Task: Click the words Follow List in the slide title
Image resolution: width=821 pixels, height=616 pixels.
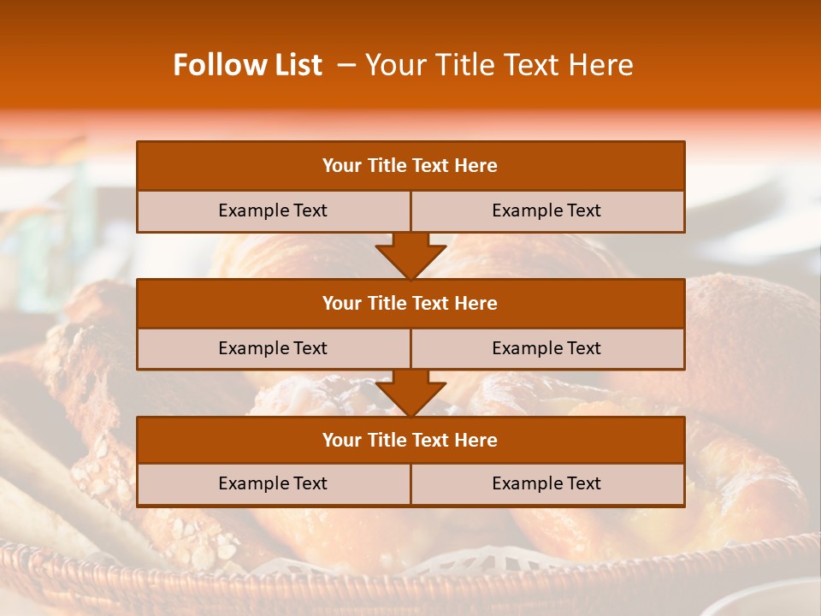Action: (248, 65)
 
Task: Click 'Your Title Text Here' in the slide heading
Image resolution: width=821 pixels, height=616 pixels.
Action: (499, 65)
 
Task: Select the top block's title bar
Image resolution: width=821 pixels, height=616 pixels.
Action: (410, 166)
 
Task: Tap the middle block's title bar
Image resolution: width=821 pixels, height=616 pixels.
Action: (410, 304)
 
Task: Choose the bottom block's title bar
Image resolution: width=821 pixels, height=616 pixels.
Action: (410, 441)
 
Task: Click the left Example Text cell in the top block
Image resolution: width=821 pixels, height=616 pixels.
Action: (273, 210)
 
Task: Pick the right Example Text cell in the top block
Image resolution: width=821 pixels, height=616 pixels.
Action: (546, 210)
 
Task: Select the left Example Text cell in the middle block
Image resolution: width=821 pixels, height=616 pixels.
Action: (273, 348)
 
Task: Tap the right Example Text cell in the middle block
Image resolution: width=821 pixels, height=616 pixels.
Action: (546, 348)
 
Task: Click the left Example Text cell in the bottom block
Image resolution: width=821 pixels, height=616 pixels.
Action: (273, 483)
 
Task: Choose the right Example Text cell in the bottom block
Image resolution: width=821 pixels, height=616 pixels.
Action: (546, 483)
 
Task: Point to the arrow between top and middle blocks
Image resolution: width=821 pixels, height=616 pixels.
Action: (410, 256)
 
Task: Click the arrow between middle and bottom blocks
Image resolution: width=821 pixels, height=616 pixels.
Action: (410, 393)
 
